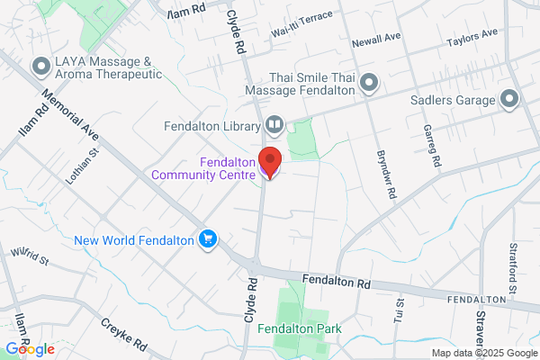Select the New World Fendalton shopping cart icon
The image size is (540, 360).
tap(209, 238)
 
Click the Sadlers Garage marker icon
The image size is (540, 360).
tap(509, 98)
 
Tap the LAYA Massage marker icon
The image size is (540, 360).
tap(40, 67)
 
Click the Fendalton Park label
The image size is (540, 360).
tap(300, 329)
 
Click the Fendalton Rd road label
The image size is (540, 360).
tap(337, 282)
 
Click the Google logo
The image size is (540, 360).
tap(30, 348)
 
